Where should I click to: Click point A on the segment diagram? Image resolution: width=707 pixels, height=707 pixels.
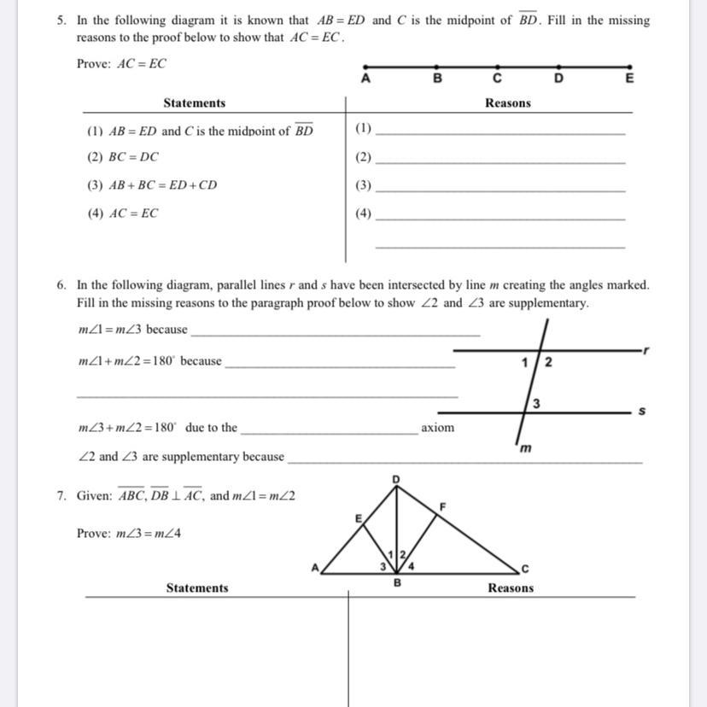(x=365, y=66)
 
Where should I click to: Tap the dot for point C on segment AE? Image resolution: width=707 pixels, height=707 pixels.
(x=497, y=66)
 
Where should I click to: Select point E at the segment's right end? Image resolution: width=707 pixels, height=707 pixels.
(x=630, y=66)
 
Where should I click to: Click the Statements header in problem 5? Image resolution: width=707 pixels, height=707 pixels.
(x=195, y=103)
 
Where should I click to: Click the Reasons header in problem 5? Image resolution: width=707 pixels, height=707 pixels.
(x=508, y=103)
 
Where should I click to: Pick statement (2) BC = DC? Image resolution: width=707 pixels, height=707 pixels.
(x=123, y=157)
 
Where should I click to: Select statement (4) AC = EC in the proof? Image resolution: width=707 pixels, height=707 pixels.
(x=123, y=213)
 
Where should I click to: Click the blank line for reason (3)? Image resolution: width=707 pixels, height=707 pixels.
(x=500, y=190)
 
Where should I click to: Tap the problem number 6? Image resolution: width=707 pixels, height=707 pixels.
(x=61, y=285)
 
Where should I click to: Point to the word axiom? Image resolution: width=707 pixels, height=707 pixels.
(x=437, y=427)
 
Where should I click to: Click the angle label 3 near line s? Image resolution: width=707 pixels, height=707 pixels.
(x=535, y=404)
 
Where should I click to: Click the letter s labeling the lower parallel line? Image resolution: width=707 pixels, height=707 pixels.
(x=641, y=412)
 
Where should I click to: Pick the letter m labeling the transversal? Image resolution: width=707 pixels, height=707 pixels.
(x=526, y=448)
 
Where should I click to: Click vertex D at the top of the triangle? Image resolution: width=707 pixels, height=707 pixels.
(x=395, y=479)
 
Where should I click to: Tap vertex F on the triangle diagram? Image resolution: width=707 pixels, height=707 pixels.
(x=442, y=506)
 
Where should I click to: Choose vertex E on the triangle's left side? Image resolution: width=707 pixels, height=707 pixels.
(x=359, y=517)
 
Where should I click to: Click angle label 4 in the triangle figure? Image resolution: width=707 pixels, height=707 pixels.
(x=411, y=564)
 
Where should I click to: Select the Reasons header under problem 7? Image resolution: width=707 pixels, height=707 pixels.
(x=511, y=587)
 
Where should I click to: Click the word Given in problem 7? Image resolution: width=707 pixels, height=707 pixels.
(x=94, y=495)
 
